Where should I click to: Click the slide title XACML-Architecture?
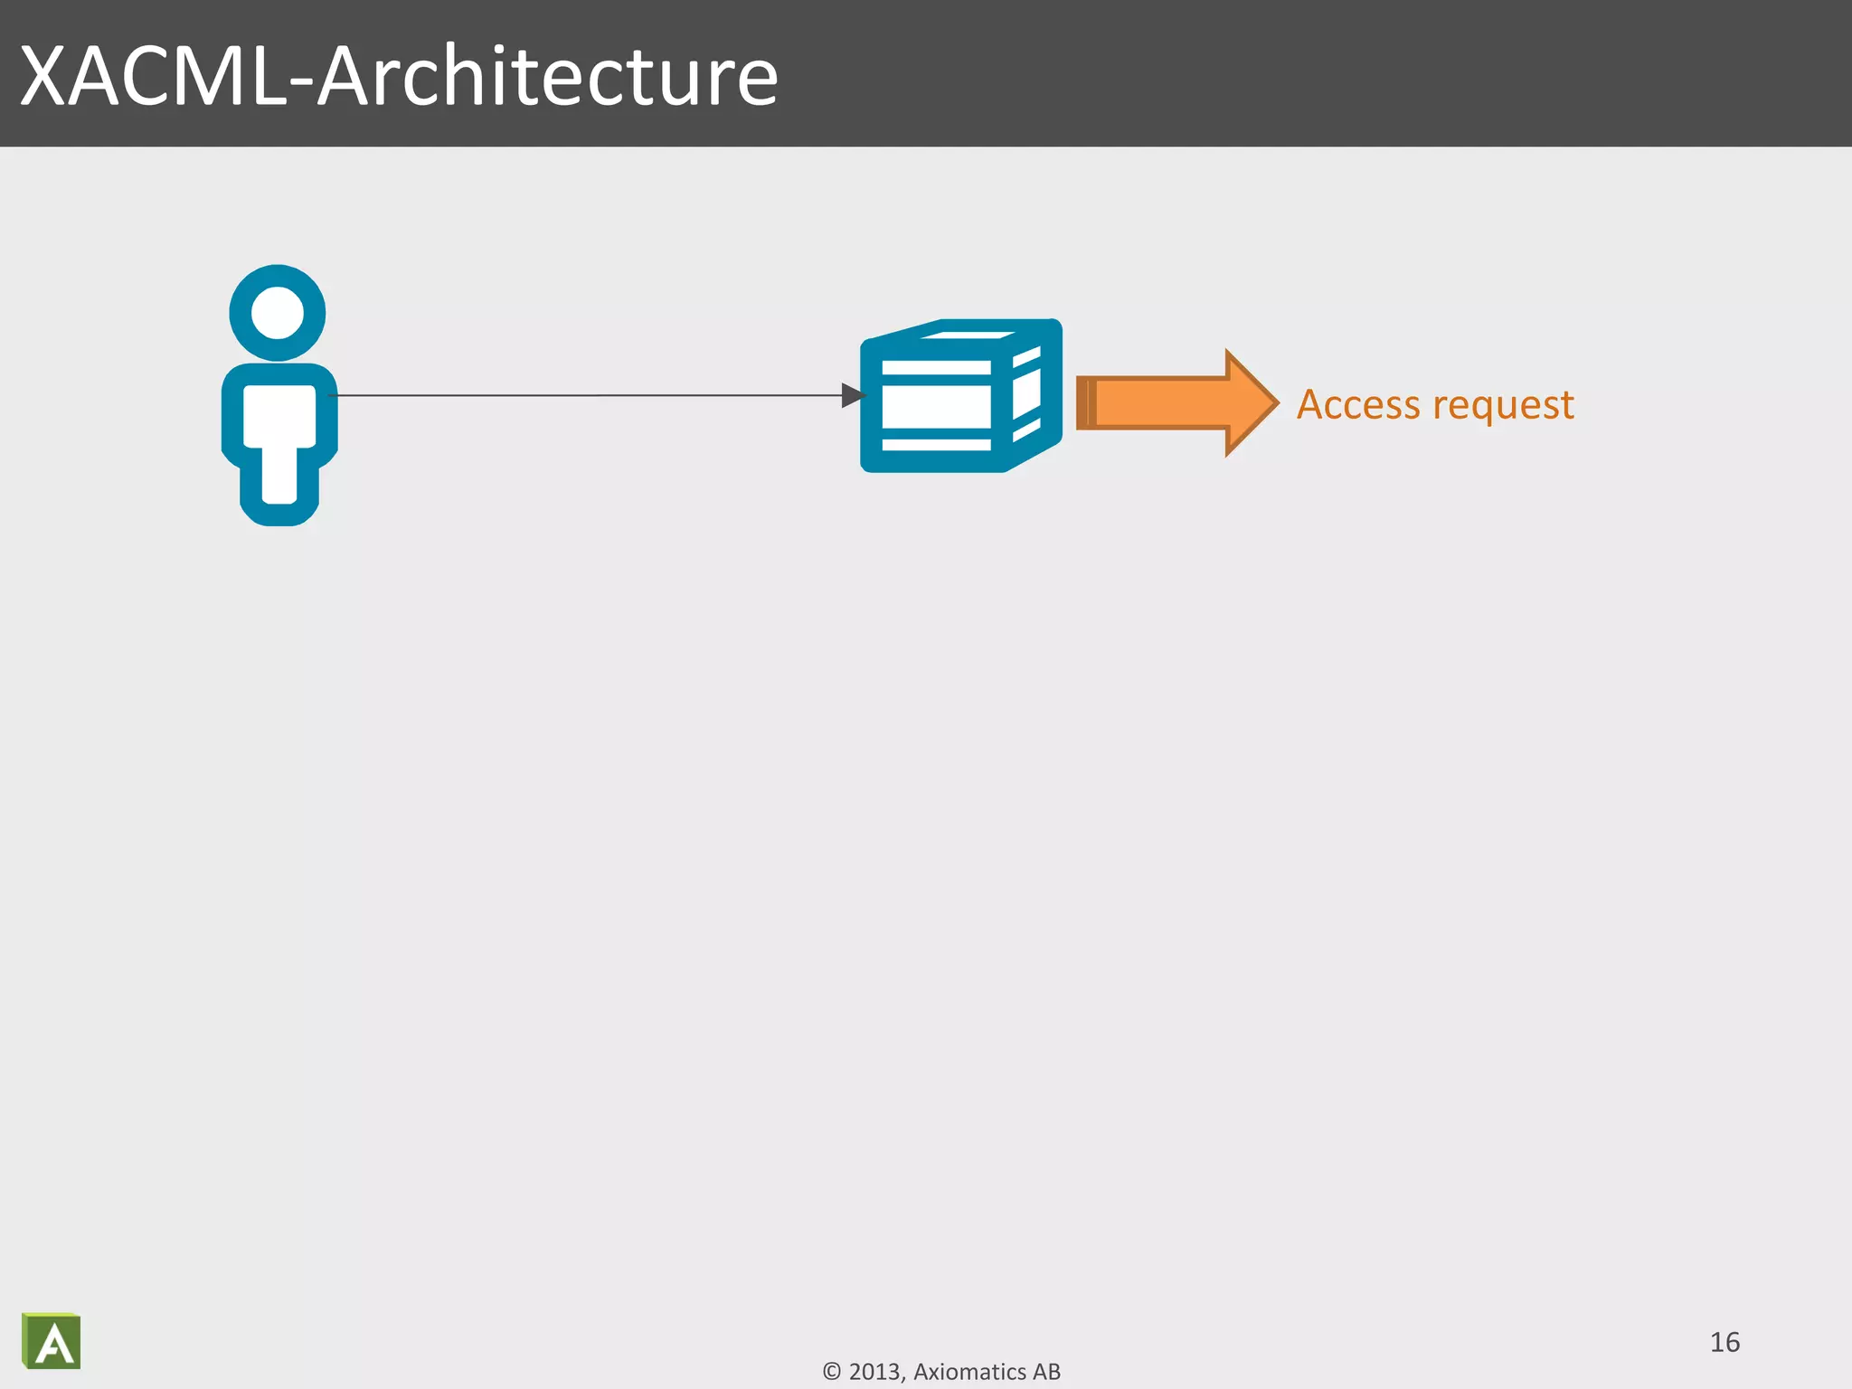coord(399,76)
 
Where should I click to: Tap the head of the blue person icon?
coord(277,313)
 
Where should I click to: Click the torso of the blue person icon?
coord(279,415)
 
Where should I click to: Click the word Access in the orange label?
coord(1357,404)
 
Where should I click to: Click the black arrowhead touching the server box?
coord(853,395)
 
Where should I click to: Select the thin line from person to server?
coord(588,395)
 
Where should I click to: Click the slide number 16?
coord(1724,1342)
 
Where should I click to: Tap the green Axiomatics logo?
coord(52,1341)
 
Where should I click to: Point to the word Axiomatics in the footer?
coord(969,1372)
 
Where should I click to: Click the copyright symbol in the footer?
coord(832,1372)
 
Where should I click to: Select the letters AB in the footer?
coord(1046,1372)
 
